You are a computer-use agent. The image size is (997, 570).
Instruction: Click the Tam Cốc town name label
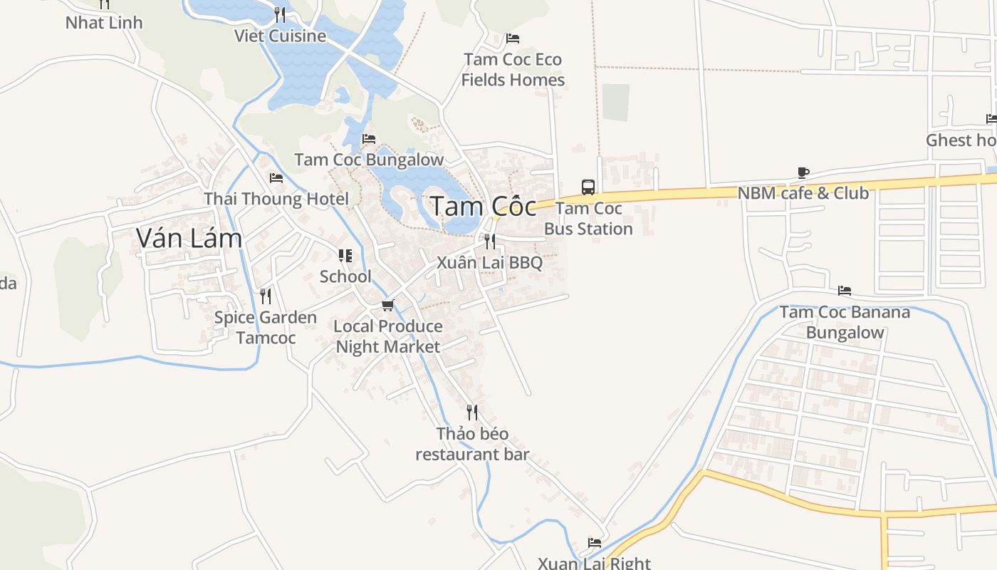click(483, 207)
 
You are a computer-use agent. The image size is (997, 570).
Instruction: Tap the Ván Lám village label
click(189, 239)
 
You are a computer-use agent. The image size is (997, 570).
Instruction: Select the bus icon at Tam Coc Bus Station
click(588, 187)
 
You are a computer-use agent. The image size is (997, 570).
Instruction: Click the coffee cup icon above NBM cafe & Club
click(803, 172)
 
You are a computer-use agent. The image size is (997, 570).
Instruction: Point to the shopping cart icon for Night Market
click(387, 306)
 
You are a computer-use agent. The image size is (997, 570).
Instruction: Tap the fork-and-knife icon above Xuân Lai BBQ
click(489, 241)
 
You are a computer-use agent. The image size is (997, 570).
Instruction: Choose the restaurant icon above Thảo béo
click(471, 412)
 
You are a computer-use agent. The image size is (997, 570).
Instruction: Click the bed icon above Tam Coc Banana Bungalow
click(845, 291)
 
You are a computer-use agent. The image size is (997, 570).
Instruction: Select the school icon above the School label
click(345, 255)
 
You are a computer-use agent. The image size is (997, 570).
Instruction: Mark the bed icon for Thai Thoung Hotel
click(276, 178)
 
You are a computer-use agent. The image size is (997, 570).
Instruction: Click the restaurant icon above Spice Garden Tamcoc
click(265, 296)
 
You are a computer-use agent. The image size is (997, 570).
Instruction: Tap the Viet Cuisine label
click(280, 36)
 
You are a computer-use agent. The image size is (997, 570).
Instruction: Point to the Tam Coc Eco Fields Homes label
click(513, 70)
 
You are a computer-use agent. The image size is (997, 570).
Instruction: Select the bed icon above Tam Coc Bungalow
click(368, 138)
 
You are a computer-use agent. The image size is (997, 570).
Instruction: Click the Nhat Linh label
click(104, 23)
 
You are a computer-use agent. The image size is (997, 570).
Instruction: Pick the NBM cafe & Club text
click(803, 193)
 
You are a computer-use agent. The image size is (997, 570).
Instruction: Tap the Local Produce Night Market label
click(388, 336)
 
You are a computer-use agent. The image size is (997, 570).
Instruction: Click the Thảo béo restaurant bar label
click(472, 444)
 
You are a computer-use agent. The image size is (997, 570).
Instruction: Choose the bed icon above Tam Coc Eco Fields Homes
click(512, 38)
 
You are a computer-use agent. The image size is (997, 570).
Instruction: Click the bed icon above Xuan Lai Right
click(594, 543)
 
